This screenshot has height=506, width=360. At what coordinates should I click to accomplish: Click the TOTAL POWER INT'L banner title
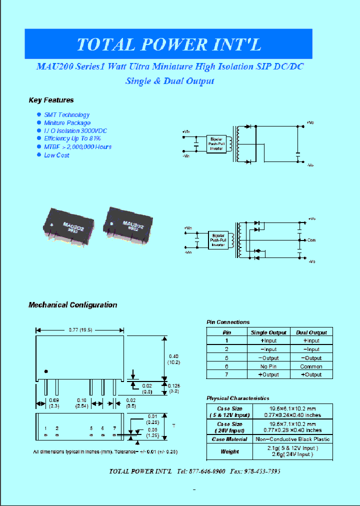point(168,45)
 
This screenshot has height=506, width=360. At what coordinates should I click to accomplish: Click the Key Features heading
point(51,100)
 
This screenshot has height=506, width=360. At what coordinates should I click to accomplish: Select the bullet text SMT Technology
point(66,115)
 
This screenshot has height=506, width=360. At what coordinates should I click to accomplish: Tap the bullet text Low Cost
point(56,155)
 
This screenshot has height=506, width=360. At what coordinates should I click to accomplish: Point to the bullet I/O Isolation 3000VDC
point(75,131)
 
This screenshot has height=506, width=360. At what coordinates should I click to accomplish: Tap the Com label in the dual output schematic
point(311,240)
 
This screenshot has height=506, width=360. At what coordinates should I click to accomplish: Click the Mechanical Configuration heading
point(72,305)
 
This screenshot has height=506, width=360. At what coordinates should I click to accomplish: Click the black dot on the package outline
point(46,371)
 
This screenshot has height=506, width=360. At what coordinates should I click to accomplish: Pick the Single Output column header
point(268,332)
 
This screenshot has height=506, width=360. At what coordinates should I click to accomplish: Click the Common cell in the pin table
point(311,366)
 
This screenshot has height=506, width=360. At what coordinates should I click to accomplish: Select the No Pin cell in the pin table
point(268,366)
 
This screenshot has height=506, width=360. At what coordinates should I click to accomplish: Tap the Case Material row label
point(229,439)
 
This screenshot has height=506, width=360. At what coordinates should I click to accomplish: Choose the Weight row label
point(229,451)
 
